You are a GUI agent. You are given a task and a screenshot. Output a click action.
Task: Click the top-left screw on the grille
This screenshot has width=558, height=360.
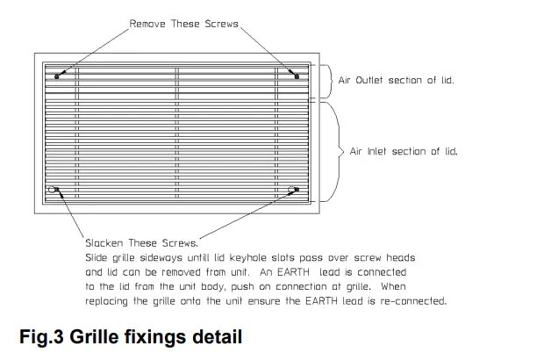pyautogui.click(x=57, y=76)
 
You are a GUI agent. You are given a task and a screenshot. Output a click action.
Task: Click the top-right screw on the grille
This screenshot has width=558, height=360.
pyautogui.click(x=297, y=76)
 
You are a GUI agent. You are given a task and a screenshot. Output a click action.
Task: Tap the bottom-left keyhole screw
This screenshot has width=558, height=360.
pyautogui.click(x=56, y=188)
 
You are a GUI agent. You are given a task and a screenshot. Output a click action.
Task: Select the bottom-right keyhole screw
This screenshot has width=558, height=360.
pyautogui.click(x=295, y=188)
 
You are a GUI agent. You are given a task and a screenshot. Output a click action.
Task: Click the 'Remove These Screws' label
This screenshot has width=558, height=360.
pyautogui.click(x=184, y=23)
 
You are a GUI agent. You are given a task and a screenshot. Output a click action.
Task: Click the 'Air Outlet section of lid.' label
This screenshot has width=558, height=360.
pyautogui.click(x=402, y=80)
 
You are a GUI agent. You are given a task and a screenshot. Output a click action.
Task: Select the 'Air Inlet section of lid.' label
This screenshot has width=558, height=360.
pyautogui.click(x=404, y=151)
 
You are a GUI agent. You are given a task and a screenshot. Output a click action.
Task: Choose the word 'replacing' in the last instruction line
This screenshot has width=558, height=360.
pyautogui.click(x=111, y=301)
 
